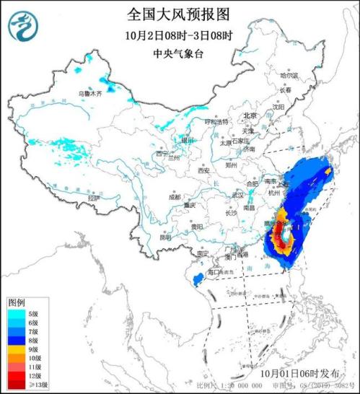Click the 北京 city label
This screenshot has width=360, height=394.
coord(250,115)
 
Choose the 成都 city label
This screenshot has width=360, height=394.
coord(175,196)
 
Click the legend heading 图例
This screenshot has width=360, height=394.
coord(17,301)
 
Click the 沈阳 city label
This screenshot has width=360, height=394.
coord(278,105)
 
